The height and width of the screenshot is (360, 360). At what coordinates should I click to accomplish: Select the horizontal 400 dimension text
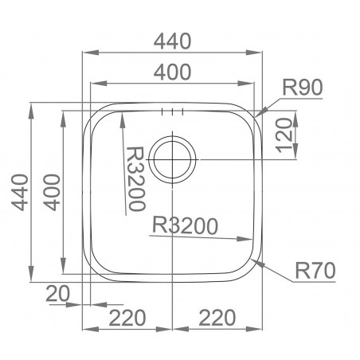click(x=173, y=72)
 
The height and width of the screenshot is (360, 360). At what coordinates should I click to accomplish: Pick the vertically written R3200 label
click(x=135, y=177)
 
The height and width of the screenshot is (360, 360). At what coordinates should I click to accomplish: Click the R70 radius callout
click(x=313, y=272)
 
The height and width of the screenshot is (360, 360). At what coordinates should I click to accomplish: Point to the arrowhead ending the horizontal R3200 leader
click(x=250, y=240)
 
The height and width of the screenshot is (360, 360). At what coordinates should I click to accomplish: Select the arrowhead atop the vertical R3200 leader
click(x=122, y=116)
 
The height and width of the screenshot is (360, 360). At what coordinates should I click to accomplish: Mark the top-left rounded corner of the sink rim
click(x=90, y=110)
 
